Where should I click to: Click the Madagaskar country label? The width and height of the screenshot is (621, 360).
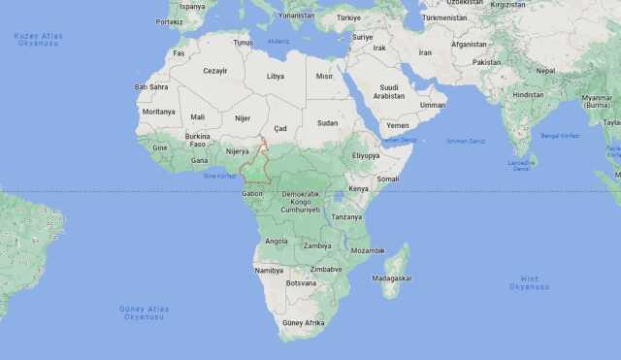click(x=392, y=278)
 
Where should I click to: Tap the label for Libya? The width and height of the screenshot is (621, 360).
click(x=276, y=76)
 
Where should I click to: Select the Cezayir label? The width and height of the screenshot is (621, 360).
click(x=213, y=71)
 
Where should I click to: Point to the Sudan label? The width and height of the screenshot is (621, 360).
click(x=328, y=123)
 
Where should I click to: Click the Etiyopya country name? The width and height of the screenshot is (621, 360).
click(x=366, y=155)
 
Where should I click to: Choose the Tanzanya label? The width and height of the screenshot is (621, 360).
click(x=346, y=217)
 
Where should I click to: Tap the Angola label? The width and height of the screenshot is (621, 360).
click(x=277, y=241)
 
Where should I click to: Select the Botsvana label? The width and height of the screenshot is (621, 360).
click(x=302, y=283)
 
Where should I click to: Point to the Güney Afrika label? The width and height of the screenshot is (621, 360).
click(x=304, y=322)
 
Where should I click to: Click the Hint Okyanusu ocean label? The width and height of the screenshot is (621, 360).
click(x=529, y=283)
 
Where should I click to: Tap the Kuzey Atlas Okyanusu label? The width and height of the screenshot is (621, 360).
click(x=38, y=39)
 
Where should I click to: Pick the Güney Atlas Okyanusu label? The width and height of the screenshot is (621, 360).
click(x=145, y=312)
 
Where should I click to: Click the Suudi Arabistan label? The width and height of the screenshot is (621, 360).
click(x=389, y=92)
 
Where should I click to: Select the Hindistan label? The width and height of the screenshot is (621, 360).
click(x=529, y=95)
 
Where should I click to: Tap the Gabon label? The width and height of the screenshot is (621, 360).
click(x=252, y=194)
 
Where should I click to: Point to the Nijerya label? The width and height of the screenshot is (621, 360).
click(x=237, y=151)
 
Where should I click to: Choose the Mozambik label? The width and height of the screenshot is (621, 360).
click(x=368, y=250)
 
